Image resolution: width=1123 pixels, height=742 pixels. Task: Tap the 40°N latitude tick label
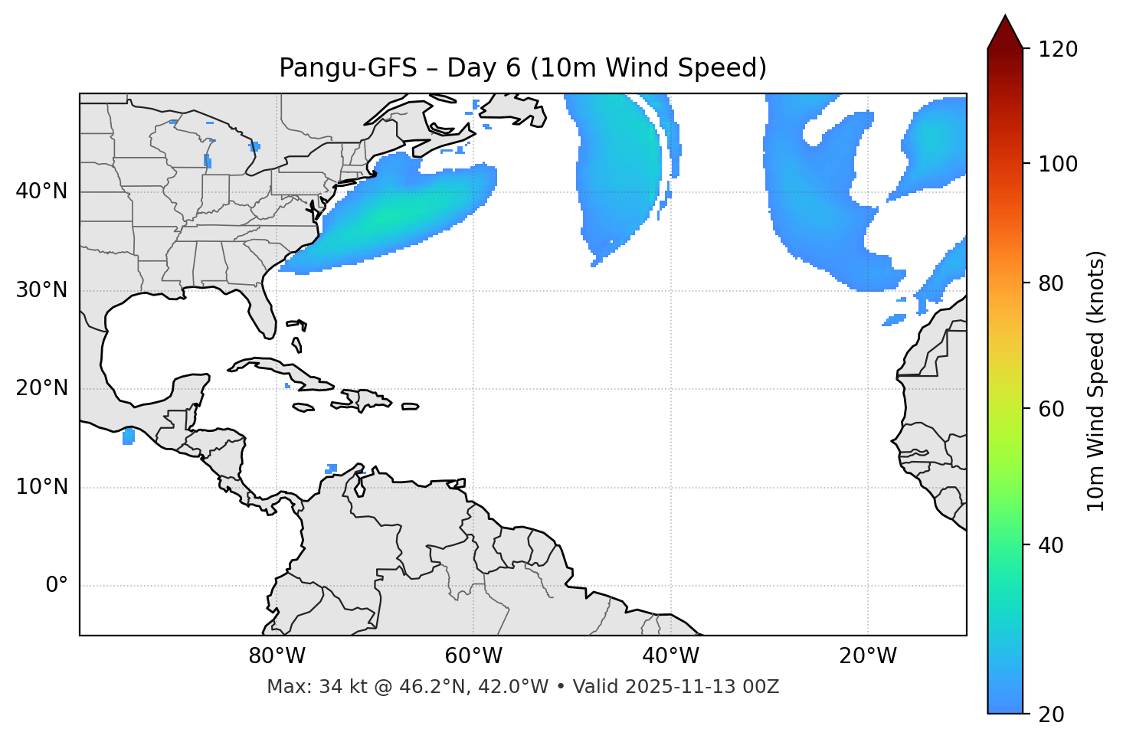(x=41, y=191)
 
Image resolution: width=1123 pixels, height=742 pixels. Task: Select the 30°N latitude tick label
(x=41, y=290)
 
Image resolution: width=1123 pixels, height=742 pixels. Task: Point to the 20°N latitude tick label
(x=41, y=388)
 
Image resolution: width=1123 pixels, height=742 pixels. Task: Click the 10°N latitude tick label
(x=41, y=487)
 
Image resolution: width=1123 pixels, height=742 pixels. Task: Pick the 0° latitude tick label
(x=57, y=586)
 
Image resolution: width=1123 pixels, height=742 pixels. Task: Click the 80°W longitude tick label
(x=277, y=656)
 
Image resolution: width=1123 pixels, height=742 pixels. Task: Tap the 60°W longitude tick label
(x=473, y=656)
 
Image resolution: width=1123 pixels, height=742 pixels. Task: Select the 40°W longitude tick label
(x=670, y=656)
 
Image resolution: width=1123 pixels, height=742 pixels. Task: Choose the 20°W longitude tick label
(x=867, y=656)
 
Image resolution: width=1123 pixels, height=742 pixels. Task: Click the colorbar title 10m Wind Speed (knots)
(x=1096, y=381)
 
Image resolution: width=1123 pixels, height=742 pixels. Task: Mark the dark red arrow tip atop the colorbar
(x=1005, y=31)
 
